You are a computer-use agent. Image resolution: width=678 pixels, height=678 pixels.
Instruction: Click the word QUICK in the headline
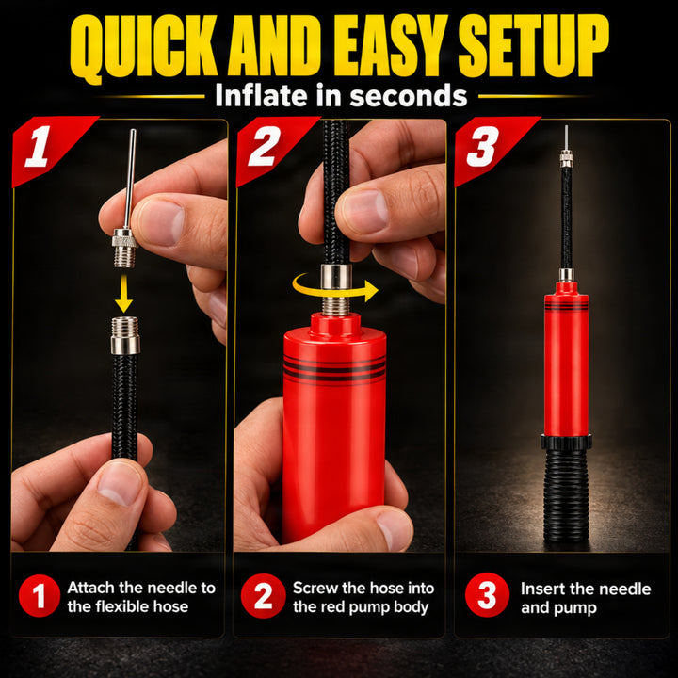click(x=143, y=47)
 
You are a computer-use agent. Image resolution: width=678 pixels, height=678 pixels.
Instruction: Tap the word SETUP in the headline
click(x=533, y=46)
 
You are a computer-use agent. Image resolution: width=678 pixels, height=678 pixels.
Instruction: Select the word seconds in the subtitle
click(x=409, y=95)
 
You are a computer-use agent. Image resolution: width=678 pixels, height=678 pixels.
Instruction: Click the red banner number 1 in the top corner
click(x=39, y=146)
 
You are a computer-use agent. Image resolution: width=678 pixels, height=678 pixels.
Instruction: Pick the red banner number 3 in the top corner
click(x=482, y=147)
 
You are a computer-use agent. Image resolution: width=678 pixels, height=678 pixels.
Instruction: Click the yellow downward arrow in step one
click(x=124, y=293)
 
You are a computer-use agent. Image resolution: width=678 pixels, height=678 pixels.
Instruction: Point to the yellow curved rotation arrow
click(x=335, y=289)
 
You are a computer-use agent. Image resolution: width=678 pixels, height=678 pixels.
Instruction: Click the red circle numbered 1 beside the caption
click(x=40, y=595)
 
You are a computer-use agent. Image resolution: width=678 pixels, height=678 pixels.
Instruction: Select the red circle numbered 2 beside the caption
click(x=263, y=595)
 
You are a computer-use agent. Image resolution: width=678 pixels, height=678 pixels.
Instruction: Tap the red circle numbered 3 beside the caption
click(x=487, y=595)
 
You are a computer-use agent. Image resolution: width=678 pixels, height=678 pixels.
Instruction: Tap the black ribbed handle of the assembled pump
click(x=566, y=495)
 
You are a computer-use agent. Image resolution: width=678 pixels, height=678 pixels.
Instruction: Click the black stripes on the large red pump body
click(x=334, y=369)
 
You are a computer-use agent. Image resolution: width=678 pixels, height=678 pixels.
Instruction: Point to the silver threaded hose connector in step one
click(x=125, y=335)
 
